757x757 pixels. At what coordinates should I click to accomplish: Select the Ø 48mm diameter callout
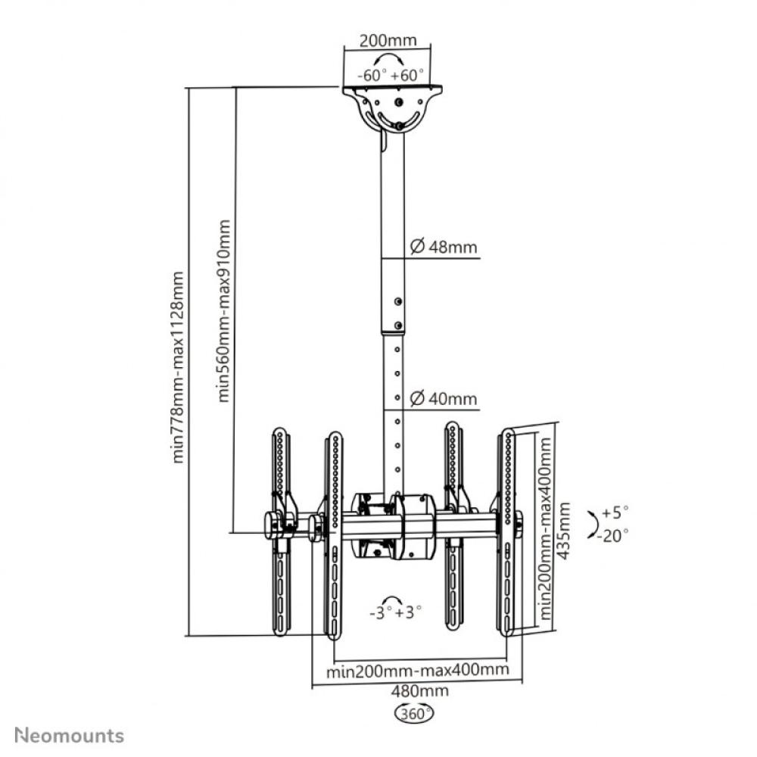click(x=443, y=246)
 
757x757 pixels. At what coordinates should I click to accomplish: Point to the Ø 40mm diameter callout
click(x=443, y=398)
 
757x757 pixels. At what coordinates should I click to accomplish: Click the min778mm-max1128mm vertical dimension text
click(x=179, y=367)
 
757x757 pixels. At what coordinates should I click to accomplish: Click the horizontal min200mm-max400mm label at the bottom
click(x=416, y=671)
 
